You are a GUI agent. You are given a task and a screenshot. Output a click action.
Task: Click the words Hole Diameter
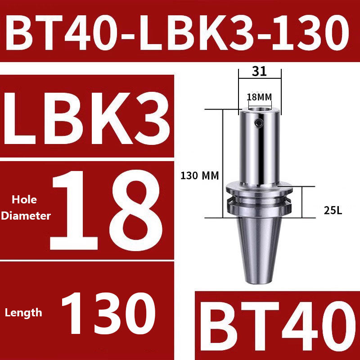pos(26,207)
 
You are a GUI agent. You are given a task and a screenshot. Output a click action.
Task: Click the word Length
pos(24,312)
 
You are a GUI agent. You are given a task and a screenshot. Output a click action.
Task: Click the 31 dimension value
pos(260,71)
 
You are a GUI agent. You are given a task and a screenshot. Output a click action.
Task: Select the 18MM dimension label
pos(260,97)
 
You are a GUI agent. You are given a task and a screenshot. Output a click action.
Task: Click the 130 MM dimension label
pos(199,176)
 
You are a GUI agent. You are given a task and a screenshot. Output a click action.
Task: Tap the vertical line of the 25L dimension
pos(302,202)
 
